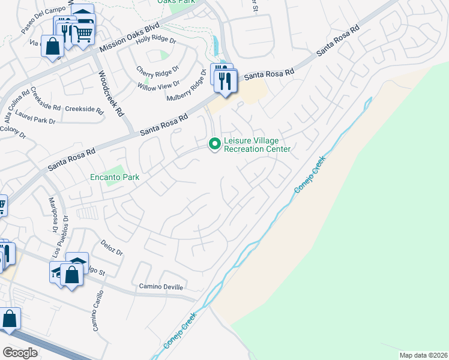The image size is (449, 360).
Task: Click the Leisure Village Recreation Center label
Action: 257,145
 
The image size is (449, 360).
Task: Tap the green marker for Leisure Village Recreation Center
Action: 214,144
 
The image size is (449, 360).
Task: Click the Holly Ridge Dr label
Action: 155,40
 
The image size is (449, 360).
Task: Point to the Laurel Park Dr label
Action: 36,121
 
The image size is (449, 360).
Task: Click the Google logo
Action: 20,353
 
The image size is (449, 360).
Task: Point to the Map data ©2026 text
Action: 423,355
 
